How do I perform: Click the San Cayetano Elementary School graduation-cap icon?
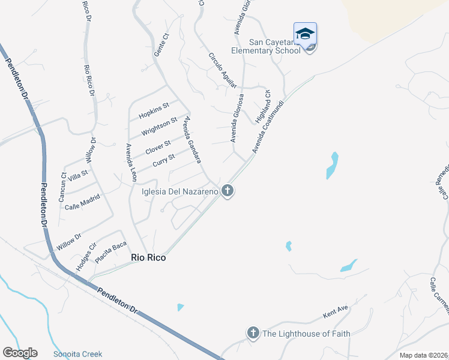[305, 34]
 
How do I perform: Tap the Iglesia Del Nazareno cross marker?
[227, 192]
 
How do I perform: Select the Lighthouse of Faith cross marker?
[253, 332]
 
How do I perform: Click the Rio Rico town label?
[148, 257]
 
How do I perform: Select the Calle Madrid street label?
[82, 202]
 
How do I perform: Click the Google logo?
[20, 353]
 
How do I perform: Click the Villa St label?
[78, 175]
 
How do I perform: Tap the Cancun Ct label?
[63, 185]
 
